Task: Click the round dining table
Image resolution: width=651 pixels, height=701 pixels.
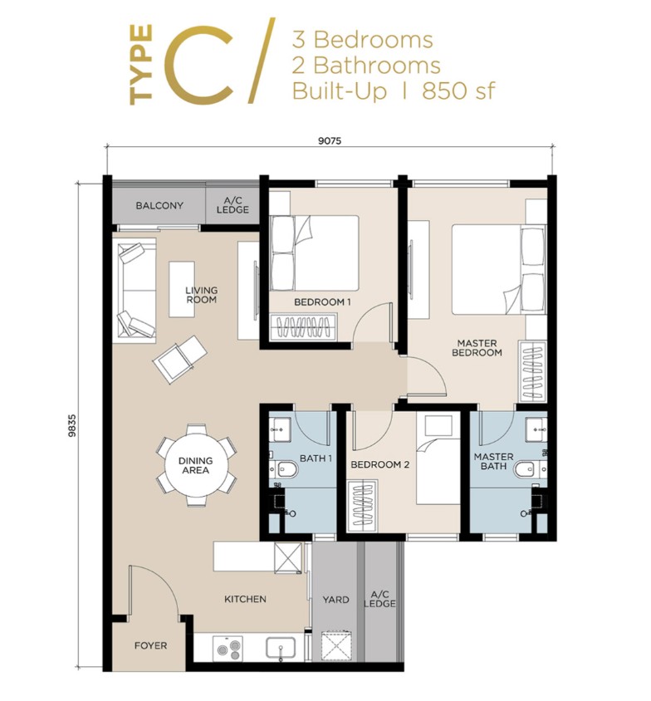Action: [195, 465]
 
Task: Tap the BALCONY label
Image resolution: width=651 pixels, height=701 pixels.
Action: [159, 206]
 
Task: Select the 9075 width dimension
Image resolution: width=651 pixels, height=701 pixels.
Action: [330, 141]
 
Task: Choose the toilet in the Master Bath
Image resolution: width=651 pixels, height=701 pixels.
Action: [527, 469]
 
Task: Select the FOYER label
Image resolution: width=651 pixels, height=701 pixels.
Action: [150, 645]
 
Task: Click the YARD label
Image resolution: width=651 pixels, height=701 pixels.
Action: [335, 600]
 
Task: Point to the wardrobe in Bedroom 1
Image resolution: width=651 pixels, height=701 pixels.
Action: [304, 327]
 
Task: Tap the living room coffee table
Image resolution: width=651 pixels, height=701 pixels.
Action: [182, 289]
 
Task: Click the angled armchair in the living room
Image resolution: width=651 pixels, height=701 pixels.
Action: [179, 359]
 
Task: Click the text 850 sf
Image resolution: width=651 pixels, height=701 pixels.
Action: [458, 91]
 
